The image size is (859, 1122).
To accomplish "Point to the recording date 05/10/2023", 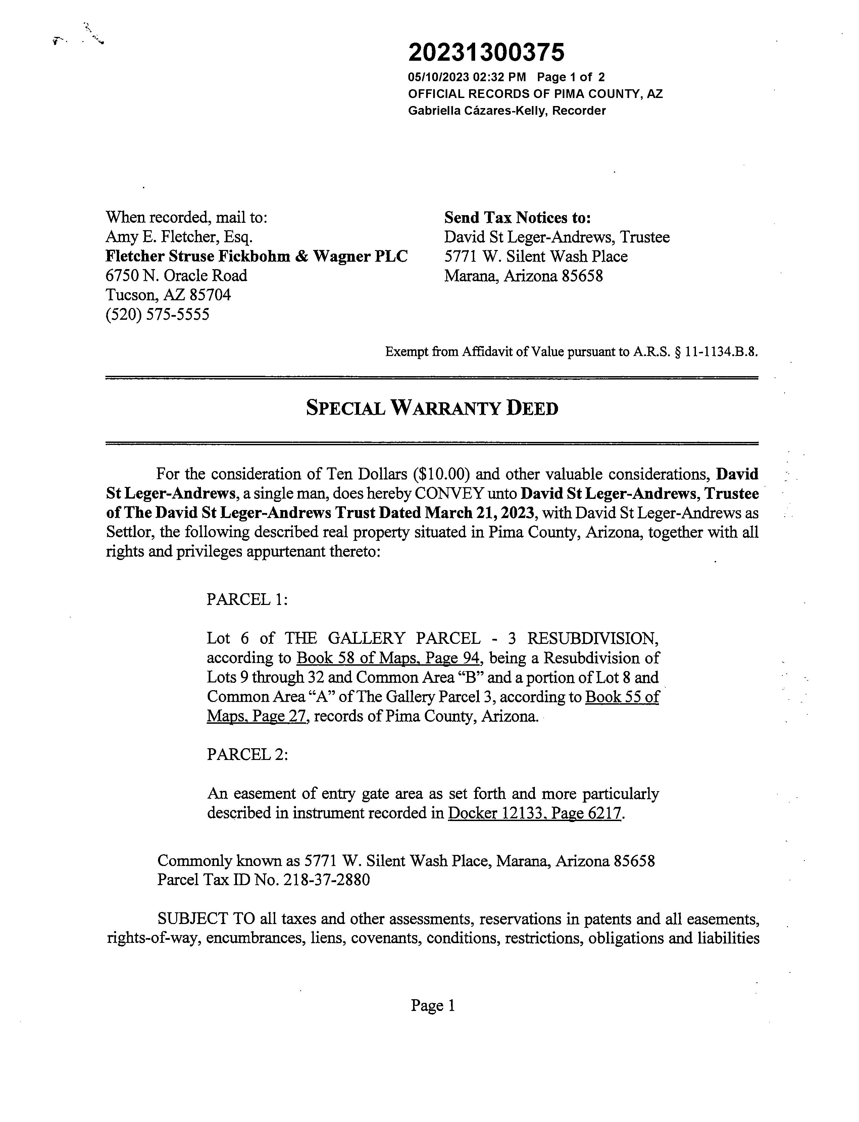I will click(x=438, y=77).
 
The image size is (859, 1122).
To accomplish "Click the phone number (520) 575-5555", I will click(x=157, y=314).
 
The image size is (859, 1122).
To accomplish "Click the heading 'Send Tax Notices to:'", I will click(x=517, y=218).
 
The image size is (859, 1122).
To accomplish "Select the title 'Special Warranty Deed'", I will click(x=432, y=408).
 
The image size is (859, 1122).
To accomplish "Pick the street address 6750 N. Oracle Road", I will click(x=176, y=275).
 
